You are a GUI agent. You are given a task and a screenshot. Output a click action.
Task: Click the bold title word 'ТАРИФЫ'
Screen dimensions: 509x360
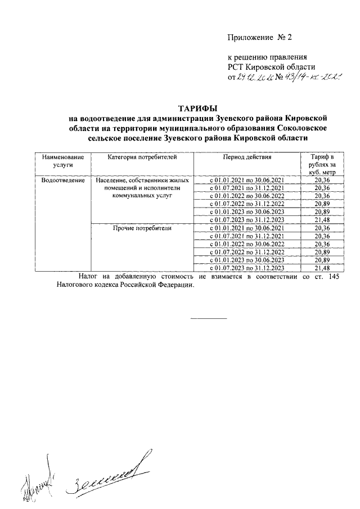tap(197, 108)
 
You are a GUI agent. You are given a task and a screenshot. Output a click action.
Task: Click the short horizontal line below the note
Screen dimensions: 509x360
tap(209, 319)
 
